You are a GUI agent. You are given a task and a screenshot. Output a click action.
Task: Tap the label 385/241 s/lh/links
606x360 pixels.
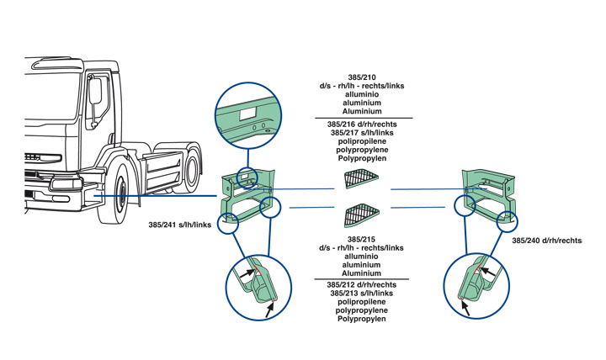178,225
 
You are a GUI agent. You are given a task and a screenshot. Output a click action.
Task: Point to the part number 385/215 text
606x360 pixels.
362,241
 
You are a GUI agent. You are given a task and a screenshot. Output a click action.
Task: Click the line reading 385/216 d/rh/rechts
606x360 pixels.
362,124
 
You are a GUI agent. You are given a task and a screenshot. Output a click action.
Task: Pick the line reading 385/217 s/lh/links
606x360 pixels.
362,132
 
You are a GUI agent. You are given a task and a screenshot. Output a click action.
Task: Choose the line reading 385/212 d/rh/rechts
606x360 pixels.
362,286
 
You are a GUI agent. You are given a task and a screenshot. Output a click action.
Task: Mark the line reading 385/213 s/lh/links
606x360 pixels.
362,294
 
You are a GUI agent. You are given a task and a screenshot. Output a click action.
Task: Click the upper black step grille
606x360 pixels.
362,179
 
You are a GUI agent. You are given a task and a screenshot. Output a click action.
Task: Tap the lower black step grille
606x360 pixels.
362,217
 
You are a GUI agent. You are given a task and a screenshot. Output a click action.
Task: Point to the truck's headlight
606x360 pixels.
62,183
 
